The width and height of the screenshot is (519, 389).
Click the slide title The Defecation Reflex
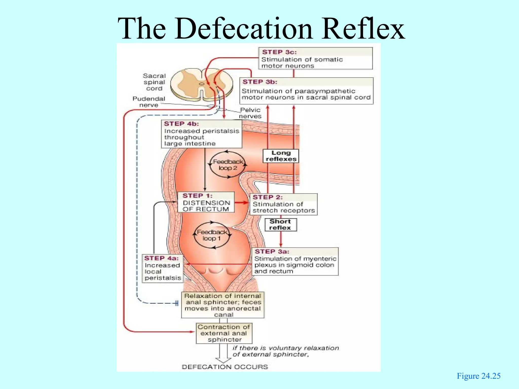261,28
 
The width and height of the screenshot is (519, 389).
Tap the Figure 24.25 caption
478,376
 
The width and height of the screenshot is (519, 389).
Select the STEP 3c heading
279,52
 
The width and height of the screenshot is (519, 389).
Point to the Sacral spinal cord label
154,82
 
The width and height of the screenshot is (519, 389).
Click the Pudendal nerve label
149,102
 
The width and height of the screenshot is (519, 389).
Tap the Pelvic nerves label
250,113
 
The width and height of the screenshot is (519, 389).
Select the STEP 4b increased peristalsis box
201,134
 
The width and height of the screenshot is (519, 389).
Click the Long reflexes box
281,156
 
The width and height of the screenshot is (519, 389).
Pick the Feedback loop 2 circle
228,165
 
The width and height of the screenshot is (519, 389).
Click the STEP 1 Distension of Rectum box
206,202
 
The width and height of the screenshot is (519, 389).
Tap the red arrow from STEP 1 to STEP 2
242,202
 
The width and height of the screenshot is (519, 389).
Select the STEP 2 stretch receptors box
283,204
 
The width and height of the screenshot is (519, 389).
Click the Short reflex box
280,225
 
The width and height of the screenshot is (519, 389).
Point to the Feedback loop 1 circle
212,235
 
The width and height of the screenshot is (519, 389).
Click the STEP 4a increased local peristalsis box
162,268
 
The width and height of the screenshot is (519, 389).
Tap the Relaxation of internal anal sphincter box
223,305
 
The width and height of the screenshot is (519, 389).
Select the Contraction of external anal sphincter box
224,333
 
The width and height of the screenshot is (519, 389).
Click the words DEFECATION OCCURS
225,367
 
